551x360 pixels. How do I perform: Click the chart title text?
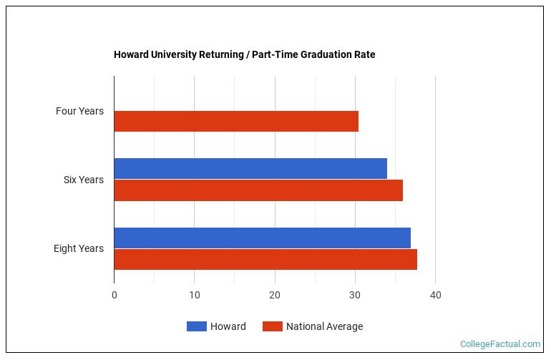click(x=244, y=54)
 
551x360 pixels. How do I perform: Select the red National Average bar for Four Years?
click(x=236, y=122)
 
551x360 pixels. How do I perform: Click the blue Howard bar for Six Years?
click(x=250, y=169)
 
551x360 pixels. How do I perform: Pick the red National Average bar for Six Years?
click(x=258, y=190)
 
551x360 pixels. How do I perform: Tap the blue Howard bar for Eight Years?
click(x=262, y=238)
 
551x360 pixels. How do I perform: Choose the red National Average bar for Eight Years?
click(x=265, y=259)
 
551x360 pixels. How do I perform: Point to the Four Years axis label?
click(x=79, y=111)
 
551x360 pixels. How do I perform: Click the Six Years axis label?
click(x=84, y=180)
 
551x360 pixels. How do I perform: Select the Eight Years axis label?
click(x=79, y=248)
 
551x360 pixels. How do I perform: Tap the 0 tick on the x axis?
click(x=114, y=295)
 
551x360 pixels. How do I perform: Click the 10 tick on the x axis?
click(x=195, y=295)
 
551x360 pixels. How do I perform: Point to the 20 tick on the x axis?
click(x=275, y=295)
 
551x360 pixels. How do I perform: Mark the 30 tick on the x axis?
click(x=355, y=295)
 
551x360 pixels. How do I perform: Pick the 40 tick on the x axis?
click(x=435, y=295)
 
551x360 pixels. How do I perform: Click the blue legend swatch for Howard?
click(x=196, y=326)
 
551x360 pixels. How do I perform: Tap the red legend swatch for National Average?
click(x=272, y=326)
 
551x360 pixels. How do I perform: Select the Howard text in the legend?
click(x=228, y=326)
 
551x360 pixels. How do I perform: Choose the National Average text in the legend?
click(x=324, y=326)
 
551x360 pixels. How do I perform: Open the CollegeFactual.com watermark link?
click(x=499, y=344)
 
